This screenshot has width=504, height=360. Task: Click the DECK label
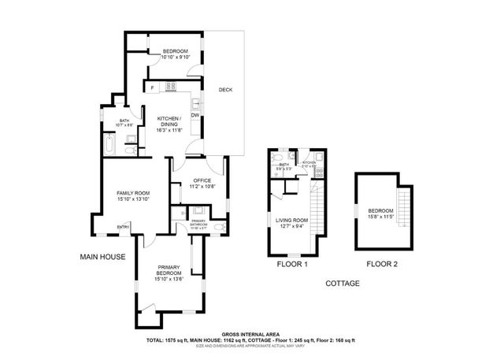[224, 89]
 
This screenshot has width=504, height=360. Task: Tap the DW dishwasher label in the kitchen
[194, 116]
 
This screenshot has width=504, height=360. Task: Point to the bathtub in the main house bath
[108, 144]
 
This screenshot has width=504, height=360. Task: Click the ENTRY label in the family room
[123, 228]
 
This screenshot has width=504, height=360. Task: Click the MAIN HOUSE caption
[103, 257]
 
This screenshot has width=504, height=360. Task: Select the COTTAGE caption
[342, 283]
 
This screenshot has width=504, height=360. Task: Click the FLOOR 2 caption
[383, 265]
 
